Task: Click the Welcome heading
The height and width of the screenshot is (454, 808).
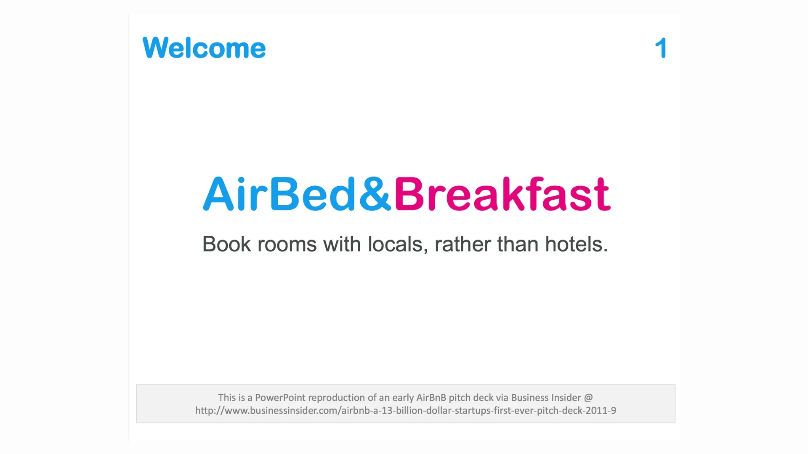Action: click(x=204, y=48)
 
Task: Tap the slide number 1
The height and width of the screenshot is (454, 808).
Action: click(x=661, y=48)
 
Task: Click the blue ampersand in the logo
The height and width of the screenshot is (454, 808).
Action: click(x=375, y=194)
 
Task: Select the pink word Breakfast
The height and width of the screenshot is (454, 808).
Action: click(x=502, y=194)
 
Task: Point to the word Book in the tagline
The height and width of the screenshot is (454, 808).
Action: click(x=226, y=244)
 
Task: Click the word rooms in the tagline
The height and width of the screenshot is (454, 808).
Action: click(x=287, y=245)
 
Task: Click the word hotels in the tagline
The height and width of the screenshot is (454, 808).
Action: click(x=577, y=244)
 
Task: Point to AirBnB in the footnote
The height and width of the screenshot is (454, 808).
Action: click(x=431, y=398)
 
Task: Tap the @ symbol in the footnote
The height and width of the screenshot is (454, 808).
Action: click(x=588, y=398)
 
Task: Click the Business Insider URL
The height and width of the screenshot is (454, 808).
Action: click(x=406, y=411)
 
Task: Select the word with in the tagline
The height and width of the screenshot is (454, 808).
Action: click(x=342, y=244)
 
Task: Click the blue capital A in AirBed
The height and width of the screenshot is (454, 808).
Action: click(x=218, y=194)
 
